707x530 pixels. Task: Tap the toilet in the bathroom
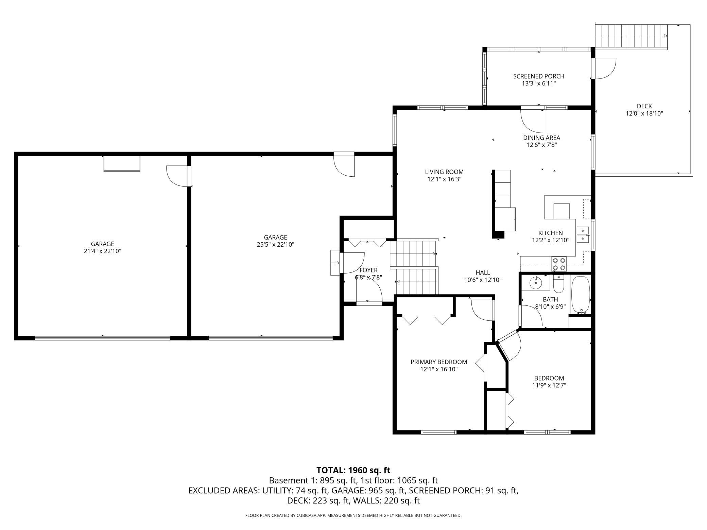pyautogui.click(x=559, y=284)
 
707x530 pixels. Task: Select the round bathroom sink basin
pyautogui.click(x=535, y=282)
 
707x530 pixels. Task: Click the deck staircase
pyautogui.click(x=631, y=36)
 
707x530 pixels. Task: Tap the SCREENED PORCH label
pyautogui.click(x=539, y=76)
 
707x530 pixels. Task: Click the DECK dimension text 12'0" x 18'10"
pyautogui.click(x=644, y=114)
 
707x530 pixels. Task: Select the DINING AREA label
pyautogui.click(x=541, y=138)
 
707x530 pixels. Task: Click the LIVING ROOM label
pyautogui.click(x=444, y=172)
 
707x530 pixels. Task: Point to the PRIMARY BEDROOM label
pyautogui.click(x=439, y=362)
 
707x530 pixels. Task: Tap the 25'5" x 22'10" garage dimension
pyautogui.click(x=275, y=245)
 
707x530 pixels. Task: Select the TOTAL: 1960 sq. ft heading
pyautogui.click(x=353, y=470)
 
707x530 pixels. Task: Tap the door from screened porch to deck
pyautogui.click(x=604, y=68)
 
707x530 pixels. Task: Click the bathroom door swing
pyautogui.click(x=531, y=316)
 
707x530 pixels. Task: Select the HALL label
pyautogui.click(x=483, y=272)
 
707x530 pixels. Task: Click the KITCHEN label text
pyautogui.click(x=550, y=233)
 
